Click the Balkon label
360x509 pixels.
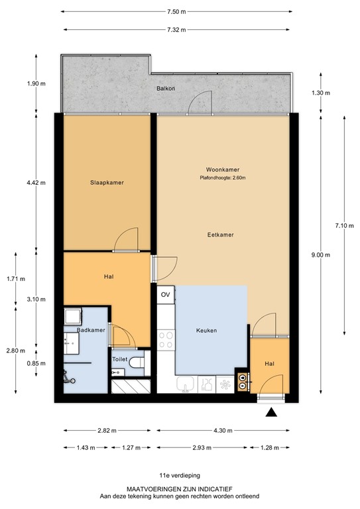(x=166, y=88)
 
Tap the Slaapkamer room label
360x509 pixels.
(x=107, y=183)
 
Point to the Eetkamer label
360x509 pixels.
(x=220, y=235)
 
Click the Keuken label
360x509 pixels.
(x=206, y=330)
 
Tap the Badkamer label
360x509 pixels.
(x=91, y=330)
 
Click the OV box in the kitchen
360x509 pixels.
(x=166, y=294)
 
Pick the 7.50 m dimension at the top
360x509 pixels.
(x=176, y=12)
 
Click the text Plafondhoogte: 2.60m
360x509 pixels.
(x=220, y=178)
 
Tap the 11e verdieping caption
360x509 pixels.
(x=179, y=475)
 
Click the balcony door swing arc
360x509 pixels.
(x=199, y=103)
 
